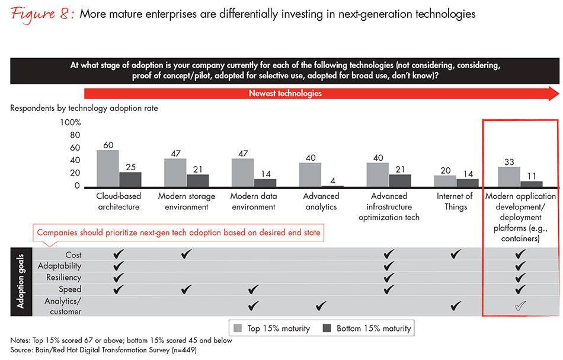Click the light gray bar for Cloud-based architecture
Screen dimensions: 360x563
click(107, 169)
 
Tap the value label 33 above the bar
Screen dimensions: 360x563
click(508, 161)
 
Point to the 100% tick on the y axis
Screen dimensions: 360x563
click(70, 123)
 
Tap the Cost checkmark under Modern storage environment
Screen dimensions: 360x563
click(187, 254)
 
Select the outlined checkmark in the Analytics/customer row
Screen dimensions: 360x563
click(520, 306)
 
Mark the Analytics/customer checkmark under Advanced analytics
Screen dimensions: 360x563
click(321, 306)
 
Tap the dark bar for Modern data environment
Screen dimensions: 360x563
click(265, 183)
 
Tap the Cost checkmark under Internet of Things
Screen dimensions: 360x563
click(456, 254)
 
